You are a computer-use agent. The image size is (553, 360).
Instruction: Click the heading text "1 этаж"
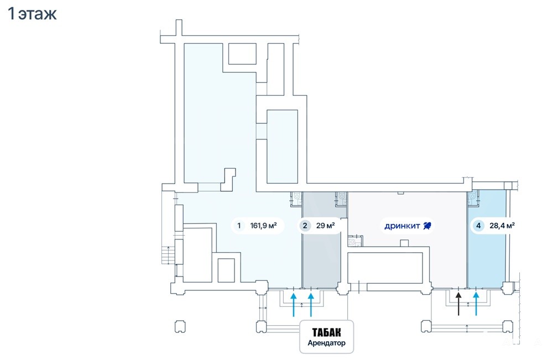[x=32, y=14]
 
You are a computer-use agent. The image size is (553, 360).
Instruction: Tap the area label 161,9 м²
[x=264, y=226]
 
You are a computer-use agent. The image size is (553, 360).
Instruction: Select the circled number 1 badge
[x=239, y=226]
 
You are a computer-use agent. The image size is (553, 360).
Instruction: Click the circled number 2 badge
[x=305, y=226]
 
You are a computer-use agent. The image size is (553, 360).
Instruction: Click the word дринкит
[x=402, y=226]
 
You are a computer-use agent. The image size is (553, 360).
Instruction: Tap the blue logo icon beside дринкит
[x=427, y=226]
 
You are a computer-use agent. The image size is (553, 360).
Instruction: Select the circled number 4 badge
[x=477, y=226]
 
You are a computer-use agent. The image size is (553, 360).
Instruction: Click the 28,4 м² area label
[x=502, y=226]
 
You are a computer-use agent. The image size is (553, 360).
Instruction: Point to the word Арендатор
[x=326, y=343]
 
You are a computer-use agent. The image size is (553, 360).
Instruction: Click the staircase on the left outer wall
[x=165, y=256]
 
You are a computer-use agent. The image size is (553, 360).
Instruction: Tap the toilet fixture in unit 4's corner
[x=473, y=196]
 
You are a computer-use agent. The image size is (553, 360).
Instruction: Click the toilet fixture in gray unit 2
[x=342, y=196]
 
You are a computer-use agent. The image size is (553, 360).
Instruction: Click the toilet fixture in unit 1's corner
[x=297, y=196]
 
